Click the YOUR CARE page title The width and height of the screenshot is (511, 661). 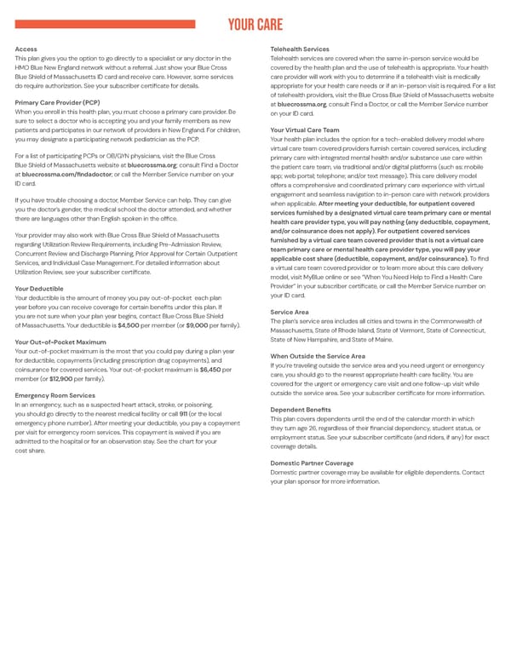255,25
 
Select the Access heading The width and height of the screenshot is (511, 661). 26,49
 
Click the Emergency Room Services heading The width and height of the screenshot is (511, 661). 55,396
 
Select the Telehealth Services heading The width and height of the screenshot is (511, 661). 299,49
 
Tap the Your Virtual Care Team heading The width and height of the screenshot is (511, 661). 304,129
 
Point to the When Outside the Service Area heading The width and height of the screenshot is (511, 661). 317,356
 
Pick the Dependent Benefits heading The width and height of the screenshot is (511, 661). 301,410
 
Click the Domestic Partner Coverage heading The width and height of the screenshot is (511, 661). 311,463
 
